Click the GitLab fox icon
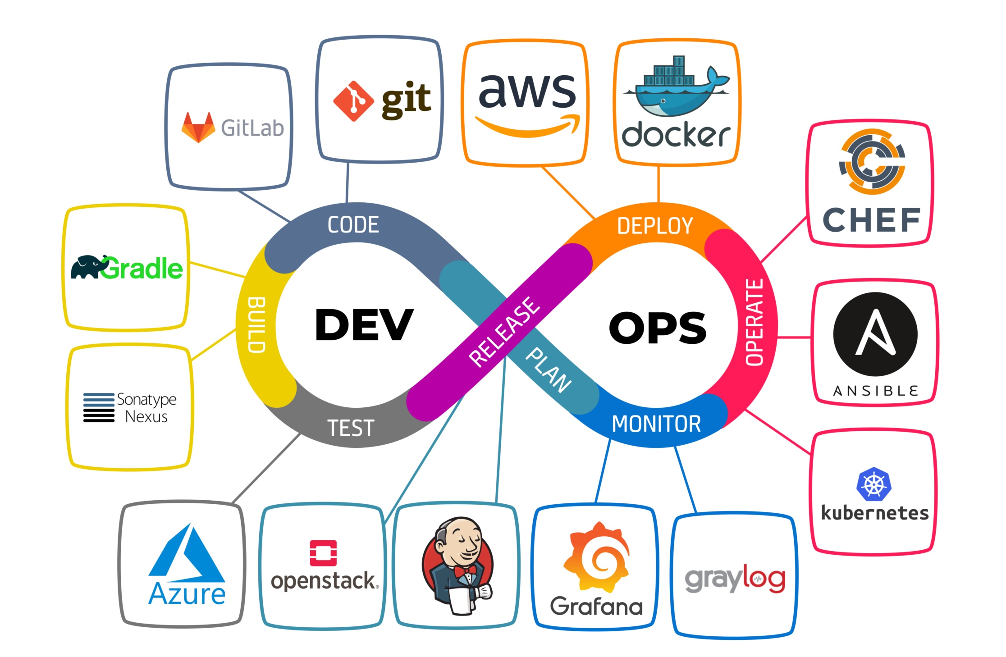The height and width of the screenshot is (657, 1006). [198, 128]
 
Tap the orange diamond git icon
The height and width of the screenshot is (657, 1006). [353, 101]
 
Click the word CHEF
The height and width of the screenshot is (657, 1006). [871, 220]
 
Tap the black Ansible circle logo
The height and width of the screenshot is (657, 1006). [875, 334]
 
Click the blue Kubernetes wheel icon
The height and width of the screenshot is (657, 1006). [873, 484]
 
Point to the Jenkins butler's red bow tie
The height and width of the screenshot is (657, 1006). [465, 571]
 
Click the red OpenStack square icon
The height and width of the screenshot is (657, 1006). [323, 552]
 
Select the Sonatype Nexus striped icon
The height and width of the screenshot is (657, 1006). [99, 407]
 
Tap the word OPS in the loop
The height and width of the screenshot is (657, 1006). [657, 328]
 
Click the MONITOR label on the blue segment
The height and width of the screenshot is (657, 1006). [656, 424]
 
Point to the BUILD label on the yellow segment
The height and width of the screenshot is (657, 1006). [256, 324]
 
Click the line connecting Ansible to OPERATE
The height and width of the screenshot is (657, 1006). [795, 337]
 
